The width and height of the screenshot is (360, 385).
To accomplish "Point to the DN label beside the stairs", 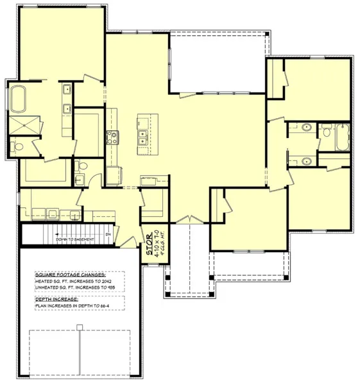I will pyautogui.click(x=108, y=235).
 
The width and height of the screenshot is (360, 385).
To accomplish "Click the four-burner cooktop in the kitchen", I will pyautogui.click(x=112, y=136).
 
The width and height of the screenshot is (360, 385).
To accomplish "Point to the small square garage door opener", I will pyautogui.click(x=79, y=327).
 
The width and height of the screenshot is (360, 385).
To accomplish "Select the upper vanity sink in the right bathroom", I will pyautogui.click(x=307, y=128).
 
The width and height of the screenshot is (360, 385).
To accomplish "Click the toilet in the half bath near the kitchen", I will pyautogui.click(x=79, y=168).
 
